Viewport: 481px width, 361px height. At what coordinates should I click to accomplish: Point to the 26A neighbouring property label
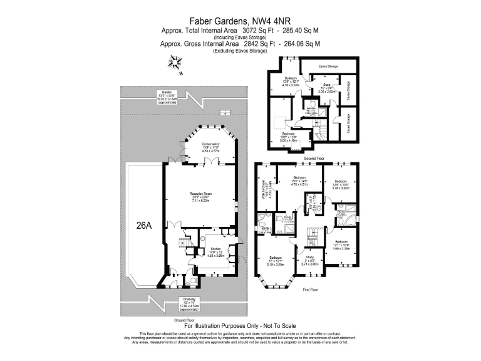coord(143,226)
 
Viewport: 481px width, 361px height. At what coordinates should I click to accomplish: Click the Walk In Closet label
coord(267,187)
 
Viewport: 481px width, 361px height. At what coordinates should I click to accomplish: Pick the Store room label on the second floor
coord(326,86)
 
